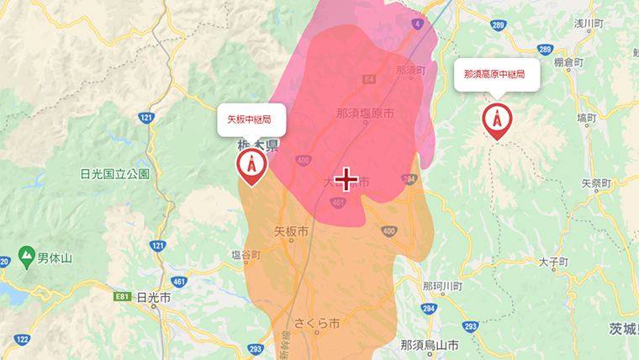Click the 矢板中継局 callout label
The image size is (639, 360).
pyautogui.click(x=251, y=120)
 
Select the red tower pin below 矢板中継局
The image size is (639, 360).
pyautogui.click(x=251, y=166)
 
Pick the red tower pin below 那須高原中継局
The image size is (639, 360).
pyautogui.click(x=496, y=121)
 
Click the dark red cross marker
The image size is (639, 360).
pyautogui.click(x=346, y=178)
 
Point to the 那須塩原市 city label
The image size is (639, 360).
pyautogui.click(x=365, y=113)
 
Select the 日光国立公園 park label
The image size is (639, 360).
pyautogui.click(x=114, y=174)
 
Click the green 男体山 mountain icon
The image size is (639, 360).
pyautogui.click(x=26, y=254)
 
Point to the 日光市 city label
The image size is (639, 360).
pyautogui.click(x=153, y=298)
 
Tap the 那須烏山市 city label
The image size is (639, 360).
pyautogui.click(x=429, y=345)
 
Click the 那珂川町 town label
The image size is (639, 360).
pyautogui.click(x=442, y=287)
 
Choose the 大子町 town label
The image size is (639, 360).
pyautogui.click(x=555, y=262)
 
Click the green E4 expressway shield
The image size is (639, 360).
pyautogui.click(x=368, y=78)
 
